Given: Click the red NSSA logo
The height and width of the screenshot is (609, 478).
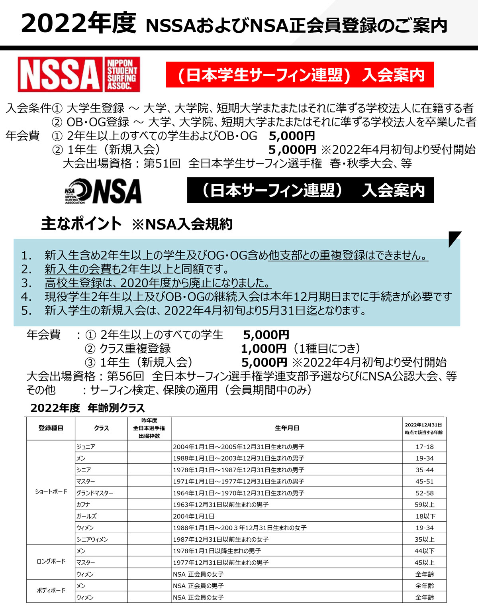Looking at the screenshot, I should coord(78,75).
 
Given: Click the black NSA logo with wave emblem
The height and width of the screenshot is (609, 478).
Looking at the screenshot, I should coord(103,191).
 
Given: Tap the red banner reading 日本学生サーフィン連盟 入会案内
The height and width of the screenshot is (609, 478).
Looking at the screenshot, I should coord(300,75).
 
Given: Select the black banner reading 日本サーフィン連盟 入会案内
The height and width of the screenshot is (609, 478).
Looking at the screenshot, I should coord(310,191).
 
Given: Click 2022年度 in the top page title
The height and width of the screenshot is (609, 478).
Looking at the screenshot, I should coord(78,23).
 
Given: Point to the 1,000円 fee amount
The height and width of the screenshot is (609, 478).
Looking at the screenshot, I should coord(263,349).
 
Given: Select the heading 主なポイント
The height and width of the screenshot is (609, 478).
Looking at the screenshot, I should coord(81,224).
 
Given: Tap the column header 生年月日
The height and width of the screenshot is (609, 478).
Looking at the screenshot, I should coord(287,428).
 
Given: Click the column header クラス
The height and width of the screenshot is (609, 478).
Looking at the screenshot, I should coord(101,428).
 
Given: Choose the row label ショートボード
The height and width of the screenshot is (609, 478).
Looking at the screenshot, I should coord(51,492).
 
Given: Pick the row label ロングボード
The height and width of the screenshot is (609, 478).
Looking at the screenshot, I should coord(51,562).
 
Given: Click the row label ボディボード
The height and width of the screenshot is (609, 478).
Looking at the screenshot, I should coord(51,591).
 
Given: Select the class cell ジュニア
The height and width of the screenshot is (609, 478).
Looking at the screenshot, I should coord(86,447).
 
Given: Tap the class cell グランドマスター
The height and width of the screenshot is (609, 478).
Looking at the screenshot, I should coord(95,493).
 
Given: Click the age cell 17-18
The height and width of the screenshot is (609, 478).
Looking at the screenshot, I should coord(425,447).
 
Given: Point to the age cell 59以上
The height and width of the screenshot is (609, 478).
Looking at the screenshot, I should coord(425,505).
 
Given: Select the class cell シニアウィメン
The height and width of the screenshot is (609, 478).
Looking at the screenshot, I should coord(92,539).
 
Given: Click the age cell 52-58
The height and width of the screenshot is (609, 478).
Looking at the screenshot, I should coord(425,493).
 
